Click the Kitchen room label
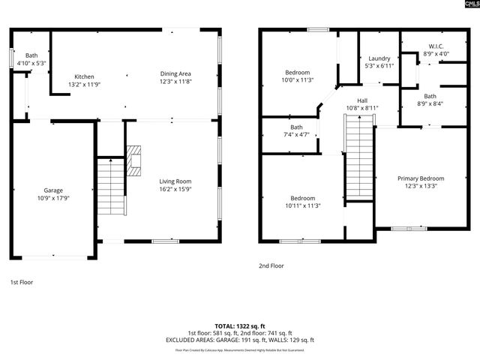pos(83,76)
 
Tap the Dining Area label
pos(175,73)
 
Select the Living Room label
pos(175,181)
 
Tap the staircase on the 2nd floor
pos(358,158)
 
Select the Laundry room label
pos(378,58)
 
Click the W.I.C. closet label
pos(436,46)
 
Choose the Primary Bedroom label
pos(420,178)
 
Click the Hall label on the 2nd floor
pos(362,100)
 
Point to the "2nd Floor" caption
pos(271,265)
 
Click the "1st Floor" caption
pos(21,282)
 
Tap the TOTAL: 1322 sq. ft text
pos(240,325)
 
